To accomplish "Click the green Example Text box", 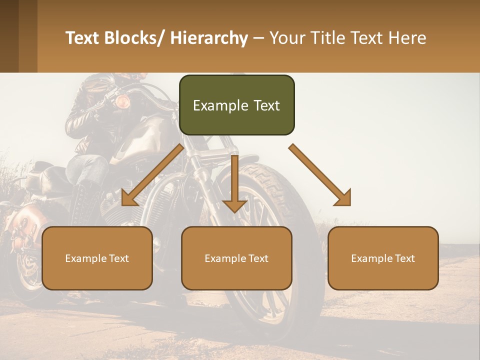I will pyautogui.click(x=236, y=105).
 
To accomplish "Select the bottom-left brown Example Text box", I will pyautogui.click(x=97, y=258).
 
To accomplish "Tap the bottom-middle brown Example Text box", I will pyautogui.click(x=236, y=258).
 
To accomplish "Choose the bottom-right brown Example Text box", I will pyautogui.click(x=383, y=258).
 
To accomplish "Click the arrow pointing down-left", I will pyautogui.click(x=150, y=176).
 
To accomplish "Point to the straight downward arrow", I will pyautogui.click(x=234, y=185).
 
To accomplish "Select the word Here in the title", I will pyautogui.click(x=408, y=38).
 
